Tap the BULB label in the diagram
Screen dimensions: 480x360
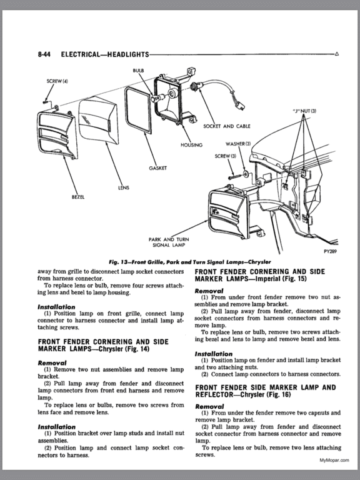(138, 71)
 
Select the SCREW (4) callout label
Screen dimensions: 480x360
(57, 82)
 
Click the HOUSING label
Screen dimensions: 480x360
(191, 145)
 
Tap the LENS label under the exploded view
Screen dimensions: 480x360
(124, 187)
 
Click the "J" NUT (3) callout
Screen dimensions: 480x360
(305, 111)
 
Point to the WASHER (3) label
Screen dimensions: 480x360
(238, 144)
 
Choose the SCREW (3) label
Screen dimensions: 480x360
(226, 155)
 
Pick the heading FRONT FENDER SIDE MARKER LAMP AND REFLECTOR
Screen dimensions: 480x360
(265, 392)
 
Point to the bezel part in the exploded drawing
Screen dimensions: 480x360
(57, 138)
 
